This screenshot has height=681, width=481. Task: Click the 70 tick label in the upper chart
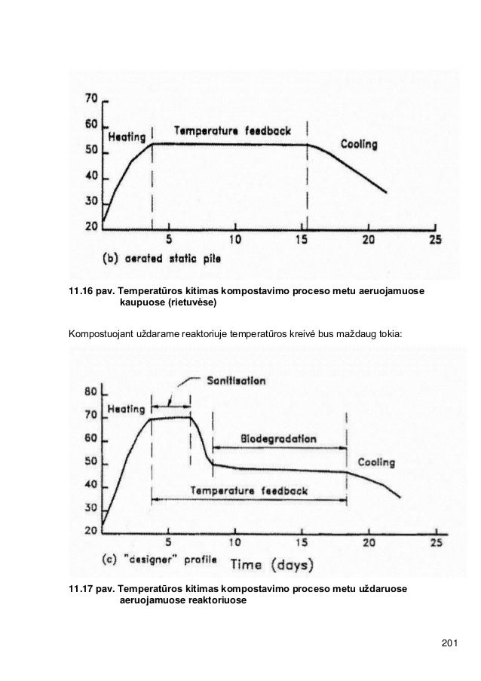pyautogui.click(x=90, y=99)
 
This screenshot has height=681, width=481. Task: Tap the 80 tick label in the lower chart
pyautogui.click(x=90, y=392)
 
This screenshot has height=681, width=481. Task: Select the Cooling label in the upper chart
pyautogui.click(x=358, y=143)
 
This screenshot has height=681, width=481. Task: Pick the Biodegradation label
pyautogui.click(x=279, y=439)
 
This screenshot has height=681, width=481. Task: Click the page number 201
pyautogui.click(x=449, y=642)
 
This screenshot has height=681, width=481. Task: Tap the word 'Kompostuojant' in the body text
pyautogui.click(x=97, y=333)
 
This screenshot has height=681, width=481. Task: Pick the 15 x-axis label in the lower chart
pyautogui.click(x=302, y=541)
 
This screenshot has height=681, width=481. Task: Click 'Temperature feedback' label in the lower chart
pyautogui.click(x=250, y=490)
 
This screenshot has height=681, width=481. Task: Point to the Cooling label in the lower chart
pyautogui.click(x=375, y=462)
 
